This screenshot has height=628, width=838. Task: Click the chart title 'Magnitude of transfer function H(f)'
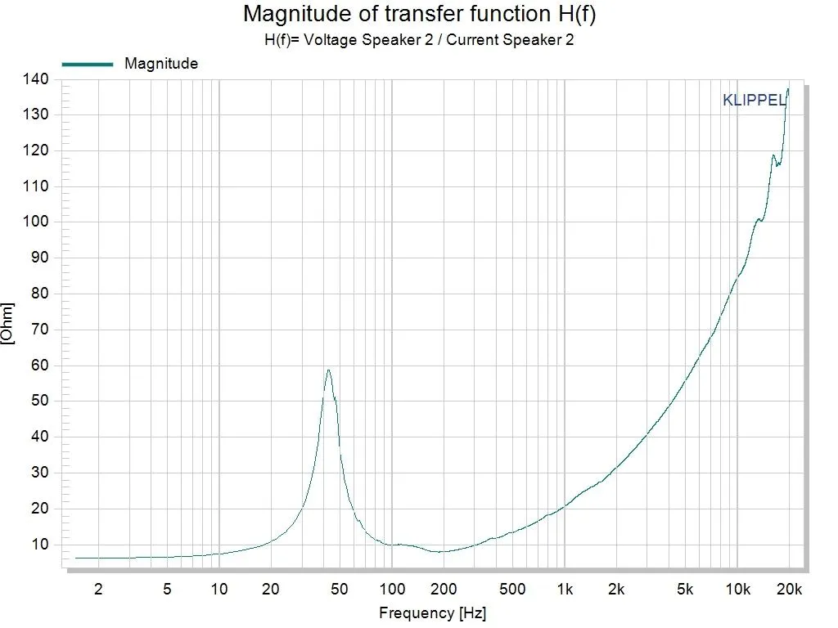click(418, 14)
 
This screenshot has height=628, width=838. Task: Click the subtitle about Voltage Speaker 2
click(419, 39)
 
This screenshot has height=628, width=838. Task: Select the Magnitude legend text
click(161, 63)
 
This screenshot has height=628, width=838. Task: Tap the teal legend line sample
click(87, 64)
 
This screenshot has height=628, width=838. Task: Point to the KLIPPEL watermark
click(754, 101)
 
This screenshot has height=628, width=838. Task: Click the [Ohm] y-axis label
click(8, 324)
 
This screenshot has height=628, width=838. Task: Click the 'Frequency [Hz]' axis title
click(432, 612)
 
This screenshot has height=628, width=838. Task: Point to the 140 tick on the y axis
click(36, 78)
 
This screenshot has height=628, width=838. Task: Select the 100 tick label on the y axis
click(36, 222)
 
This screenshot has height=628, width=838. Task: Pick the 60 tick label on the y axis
click(39, 365)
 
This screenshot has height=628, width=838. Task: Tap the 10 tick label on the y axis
click(39, 544)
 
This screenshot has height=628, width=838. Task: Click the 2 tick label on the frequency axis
click(98, 590)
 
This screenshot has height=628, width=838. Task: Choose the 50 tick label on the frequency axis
click(340, 590)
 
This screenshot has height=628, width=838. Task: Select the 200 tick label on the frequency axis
click(444, 590)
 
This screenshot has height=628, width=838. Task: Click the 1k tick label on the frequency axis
click(565, 590)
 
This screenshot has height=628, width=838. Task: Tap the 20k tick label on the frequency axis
click(790, 590)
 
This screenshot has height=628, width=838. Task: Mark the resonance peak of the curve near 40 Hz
click(328, 370)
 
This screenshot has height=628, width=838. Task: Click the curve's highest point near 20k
click(788, 88)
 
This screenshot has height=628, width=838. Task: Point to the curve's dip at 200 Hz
click(442, 551)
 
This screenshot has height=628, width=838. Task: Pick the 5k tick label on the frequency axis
click(686, 590)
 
